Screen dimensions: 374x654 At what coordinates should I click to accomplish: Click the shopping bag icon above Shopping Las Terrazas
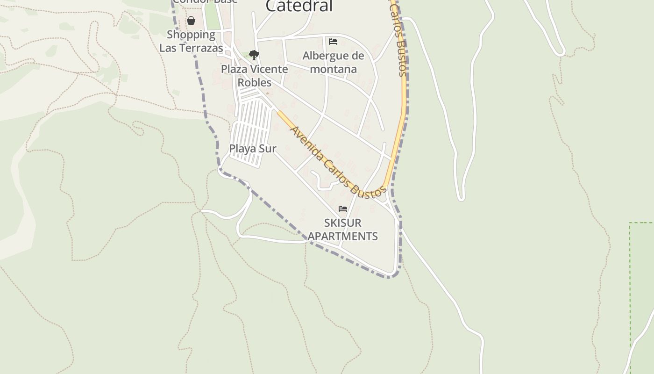tap(191, 21)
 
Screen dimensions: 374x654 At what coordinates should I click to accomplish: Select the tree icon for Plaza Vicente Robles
tap(254, 55)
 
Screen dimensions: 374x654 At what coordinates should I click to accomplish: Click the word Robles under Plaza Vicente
tap(255, 82)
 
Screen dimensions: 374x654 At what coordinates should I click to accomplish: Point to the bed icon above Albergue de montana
tap(333, 42)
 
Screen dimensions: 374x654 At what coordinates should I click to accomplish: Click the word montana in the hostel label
tap(333, 69)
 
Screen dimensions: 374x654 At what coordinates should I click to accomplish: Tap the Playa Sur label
tap(253, 148)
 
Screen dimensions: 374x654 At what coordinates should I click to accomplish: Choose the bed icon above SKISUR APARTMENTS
tap(343, 209)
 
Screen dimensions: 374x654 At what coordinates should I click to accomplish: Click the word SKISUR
tap(343, 223)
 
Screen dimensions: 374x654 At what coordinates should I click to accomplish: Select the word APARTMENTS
tap(343, 236)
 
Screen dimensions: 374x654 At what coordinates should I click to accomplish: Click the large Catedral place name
tap(299, 6)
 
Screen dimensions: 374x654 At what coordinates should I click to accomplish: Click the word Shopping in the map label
tap(191, 34)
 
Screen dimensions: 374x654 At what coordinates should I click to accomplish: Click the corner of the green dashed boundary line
tap(630, 223)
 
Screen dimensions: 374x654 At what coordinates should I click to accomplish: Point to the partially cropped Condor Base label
tap(205, 2)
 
